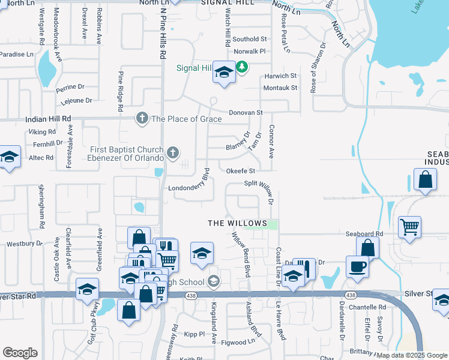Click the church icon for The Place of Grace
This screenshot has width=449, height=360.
click(142, 118)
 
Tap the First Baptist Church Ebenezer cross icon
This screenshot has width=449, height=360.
click(173, 152)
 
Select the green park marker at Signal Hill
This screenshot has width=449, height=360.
click(242, 67)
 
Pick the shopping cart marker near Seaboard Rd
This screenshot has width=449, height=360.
click(410, 226)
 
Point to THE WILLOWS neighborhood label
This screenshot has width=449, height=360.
click(237, 223)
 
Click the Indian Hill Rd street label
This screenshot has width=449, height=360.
click(48, 119)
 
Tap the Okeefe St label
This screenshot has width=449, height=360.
click(241, 171)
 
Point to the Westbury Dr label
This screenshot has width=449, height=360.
click(24, 244)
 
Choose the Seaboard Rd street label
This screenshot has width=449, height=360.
click(364, 233)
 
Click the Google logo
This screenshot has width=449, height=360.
click(20, 353)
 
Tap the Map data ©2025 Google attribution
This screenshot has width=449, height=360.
click(412, 355)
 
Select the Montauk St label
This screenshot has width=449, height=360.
click(280, 88)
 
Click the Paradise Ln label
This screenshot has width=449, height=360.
click(17, 54)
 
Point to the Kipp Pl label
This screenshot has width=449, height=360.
click(194, 333)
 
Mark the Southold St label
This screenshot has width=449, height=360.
click(250, 39)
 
